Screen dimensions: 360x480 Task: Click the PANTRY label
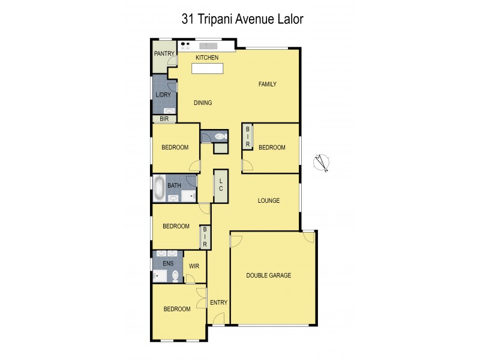[x=164, y=53]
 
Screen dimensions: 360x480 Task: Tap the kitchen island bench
[x=207, y=68]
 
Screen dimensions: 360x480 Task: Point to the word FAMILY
[x=267, y=84]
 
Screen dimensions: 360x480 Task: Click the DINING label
[x=203, y=103]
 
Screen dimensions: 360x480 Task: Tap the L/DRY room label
[x=162, y=95]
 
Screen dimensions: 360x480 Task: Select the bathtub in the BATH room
[x=160, y=188]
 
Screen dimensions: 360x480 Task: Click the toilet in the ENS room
[x=176, y=276]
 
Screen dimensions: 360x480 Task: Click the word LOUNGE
[x=269, y=200]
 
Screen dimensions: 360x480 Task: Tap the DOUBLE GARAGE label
[x=268, y=275]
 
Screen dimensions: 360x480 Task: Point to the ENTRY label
[x=218, y=302]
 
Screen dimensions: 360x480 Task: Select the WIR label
[x=194, y=266]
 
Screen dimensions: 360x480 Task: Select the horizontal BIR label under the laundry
[x=164, y=119]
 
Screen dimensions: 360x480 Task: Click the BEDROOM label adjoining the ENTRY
[x=176, y=309]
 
